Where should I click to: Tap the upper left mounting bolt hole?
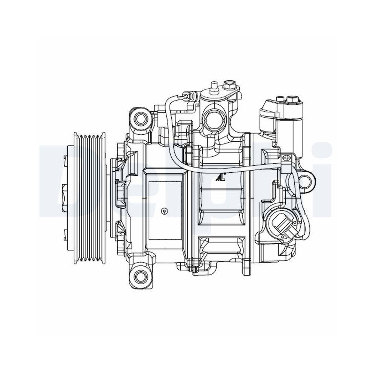pos(140,119)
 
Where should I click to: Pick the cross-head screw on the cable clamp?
pos(287,158)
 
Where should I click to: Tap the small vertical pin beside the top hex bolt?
pos(214,85)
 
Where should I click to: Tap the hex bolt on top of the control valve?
pos(292,99)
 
